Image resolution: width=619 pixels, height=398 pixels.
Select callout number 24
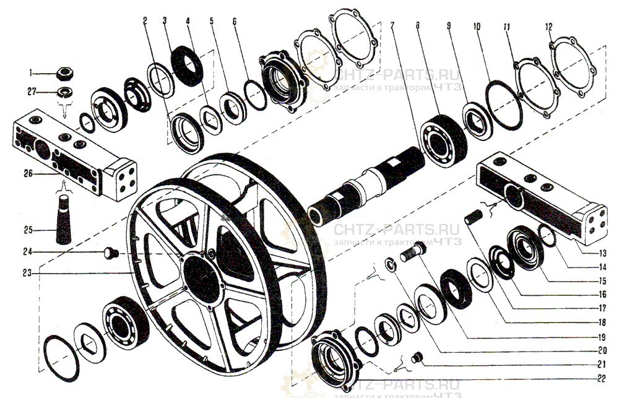click(38, 252)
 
